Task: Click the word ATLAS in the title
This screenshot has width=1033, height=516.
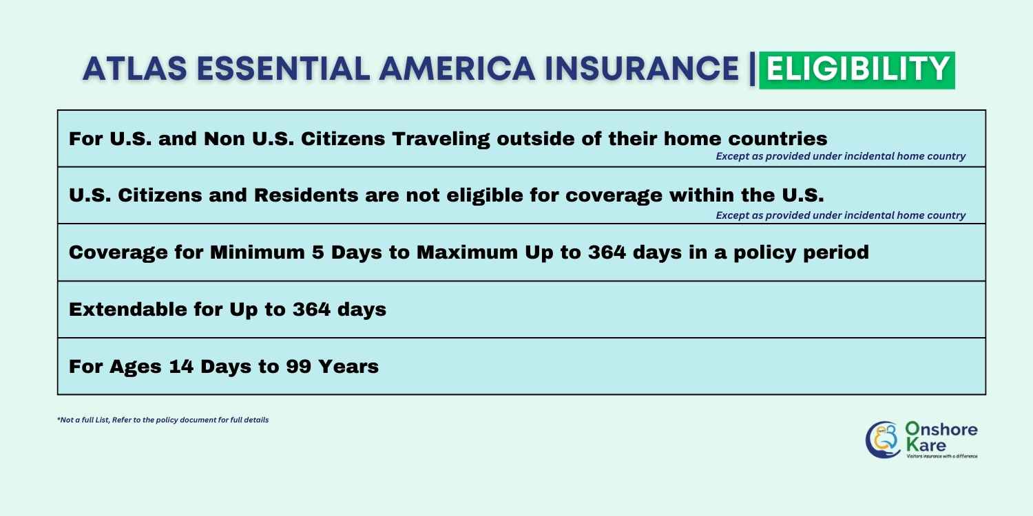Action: [135, 69]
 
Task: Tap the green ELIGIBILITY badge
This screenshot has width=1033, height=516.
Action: [857, 70]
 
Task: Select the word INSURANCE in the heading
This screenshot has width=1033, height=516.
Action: [641, 69]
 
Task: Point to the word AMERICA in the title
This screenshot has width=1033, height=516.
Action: [457, 69]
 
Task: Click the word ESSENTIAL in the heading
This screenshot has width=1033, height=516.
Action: [283, 69]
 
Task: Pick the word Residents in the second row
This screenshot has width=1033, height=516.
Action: [306, 195]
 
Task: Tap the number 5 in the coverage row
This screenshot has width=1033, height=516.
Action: [317, 252]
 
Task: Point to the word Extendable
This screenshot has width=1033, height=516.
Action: [127, 309]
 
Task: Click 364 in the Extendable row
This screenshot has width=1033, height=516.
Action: [311, 309]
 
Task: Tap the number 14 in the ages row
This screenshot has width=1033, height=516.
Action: [180, 366]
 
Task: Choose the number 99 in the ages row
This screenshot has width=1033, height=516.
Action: [298, 366]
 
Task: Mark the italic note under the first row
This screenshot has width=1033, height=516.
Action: [840, 156]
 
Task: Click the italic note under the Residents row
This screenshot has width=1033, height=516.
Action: [840, 215]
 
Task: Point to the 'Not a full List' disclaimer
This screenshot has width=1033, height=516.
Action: [163, 420]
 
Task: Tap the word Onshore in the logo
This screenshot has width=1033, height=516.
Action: [941, 429]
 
